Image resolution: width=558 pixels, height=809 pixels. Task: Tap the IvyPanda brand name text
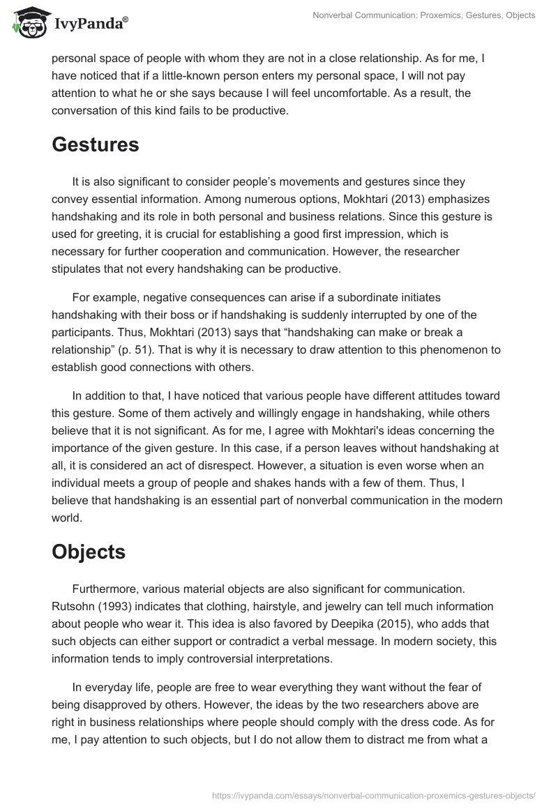pos(90,24)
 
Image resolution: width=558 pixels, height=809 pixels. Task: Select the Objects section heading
pos(89,551)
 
